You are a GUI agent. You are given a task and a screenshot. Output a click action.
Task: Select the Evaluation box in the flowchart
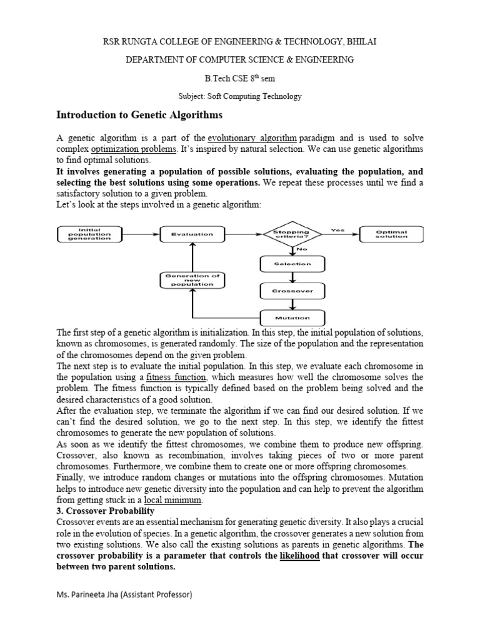click(192, 234)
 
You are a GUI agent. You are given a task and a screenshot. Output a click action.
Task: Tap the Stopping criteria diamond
click(293, 234)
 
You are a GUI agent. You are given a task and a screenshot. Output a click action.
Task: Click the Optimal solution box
click(392, 234)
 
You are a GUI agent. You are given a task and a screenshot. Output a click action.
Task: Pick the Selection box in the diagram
click(293, 264)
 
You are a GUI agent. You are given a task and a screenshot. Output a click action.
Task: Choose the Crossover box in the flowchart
click(293, 291)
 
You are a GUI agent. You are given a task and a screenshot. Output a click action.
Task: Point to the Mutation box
click(293, 317)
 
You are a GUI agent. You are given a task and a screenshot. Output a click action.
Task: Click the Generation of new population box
click(192, 279)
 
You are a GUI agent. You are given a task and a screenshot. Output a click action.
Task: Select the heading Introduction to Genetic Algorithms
click(139, 115)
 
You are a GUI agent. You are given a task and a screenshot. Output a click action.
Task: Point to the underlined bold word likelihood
click(299, 555)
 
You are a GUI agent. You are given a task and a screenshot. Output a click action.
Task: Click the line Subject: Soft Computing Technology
click(240, 96)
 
